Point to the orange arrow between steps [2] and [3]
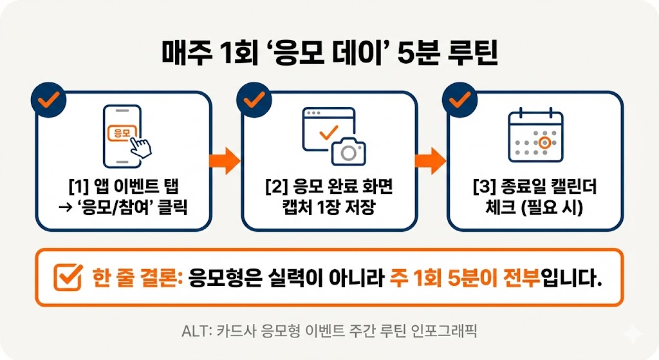[x=430, y=159]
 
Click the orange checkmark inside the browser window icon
[x=328, y=133]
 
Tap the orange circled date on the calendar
[x=544, y=142]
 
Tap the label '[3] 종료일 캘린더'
[x=535, y=189]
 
